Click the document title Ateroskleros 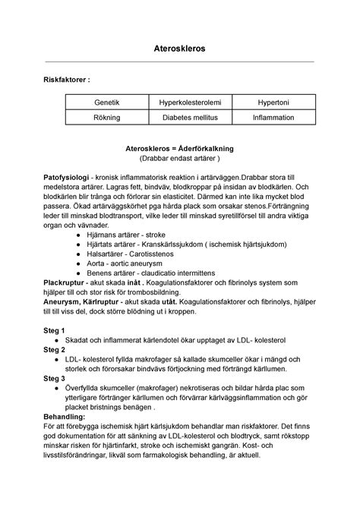point(180,49)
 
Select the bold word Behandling point(66,438)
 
